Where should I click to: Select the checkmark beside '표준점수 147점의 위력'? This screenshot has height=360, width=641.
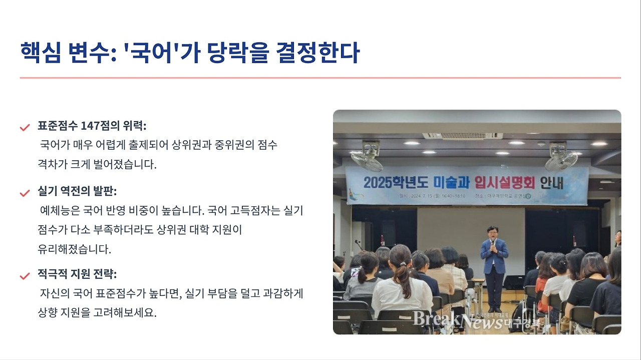tap(25, 127)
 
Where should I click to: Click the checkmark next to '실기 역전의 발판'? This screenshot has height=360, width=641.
tap(25, 193)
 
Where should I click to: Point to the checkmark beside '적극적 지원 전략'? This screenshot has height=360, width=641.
tap(25, 276)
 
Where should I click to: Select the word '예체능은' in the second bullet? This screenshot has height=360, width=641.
tap(57, 211)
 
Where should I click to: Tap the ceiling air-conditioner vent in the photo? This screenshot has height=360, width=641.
tap(462, 136)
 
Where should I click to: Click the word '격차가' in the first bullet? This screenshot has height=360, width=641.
tap(53, 164)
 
